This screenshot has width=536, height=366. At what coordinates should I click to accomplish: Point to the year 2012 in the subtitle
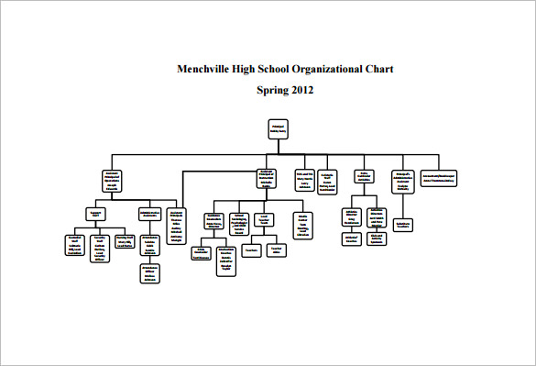pyautogui.click(x=302, y=90)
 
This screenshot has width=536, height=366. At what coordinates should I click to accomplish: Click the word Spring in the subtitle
pyautogui.click(x=272, y=90)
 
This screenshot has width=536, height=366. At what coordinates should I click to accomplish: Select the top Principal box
pyautogui.click(x=278, y=128)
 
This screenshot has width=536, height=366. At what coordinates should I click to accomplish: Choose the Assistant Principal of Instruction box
pyautogui.click(x=268, y=180)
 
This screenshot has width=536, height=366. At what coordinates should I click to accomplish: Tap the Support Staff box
pyautogui.click(x=93, y=215)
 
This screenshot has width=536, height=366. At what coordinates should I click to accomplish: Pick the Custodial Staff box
pyautogui.click(x=75, y=245)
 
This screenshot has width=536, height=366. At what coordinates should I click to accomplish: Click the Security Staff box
pyautogui.click(x=100, y=247)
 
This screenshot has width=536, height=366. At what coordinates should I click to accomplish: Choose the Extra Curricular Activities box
pyautogui.click(x=364, y=178)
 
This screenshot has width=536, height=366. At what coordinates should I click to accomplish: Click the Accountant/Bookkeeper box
pyautogui.click(x=439, y=176)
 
